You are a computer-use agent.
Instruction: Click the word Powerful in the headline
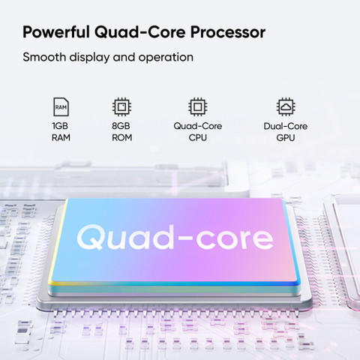click(56, 32)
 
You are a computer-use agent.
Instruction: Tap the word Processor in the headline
click(228, 32)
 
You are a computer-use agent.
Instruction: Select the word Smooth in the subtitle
click(44, 57)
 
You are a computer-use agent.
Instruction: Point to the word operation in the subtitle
click(166, 58)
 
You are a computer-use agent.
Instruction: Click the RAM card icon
click(61, 106)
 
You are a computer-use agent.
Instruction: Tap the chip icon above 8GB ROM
click(121, 106)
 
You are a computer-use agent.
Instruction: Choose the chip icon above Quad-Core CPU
click(197, 106)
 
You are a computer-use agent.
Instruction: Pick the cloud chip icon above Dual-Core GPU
click(286, 106)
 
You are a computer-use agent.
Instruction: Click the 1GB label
click(60, 126)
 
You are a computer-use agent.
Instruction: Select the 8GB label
click(121, 126)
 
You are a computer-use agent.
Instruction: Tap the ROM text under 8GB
click(122, 137)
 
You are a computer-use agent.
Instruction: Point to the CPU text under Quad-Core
click(198, 137)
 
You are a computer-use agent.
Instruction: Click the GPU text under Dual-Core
click(286, 137)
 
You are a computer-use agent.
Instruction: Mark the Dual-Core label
click(286, 126)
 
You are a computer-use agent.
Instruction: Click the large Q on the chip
click(90, 237)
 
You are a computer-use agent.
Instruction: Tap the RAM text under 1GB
click(61, 137)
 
